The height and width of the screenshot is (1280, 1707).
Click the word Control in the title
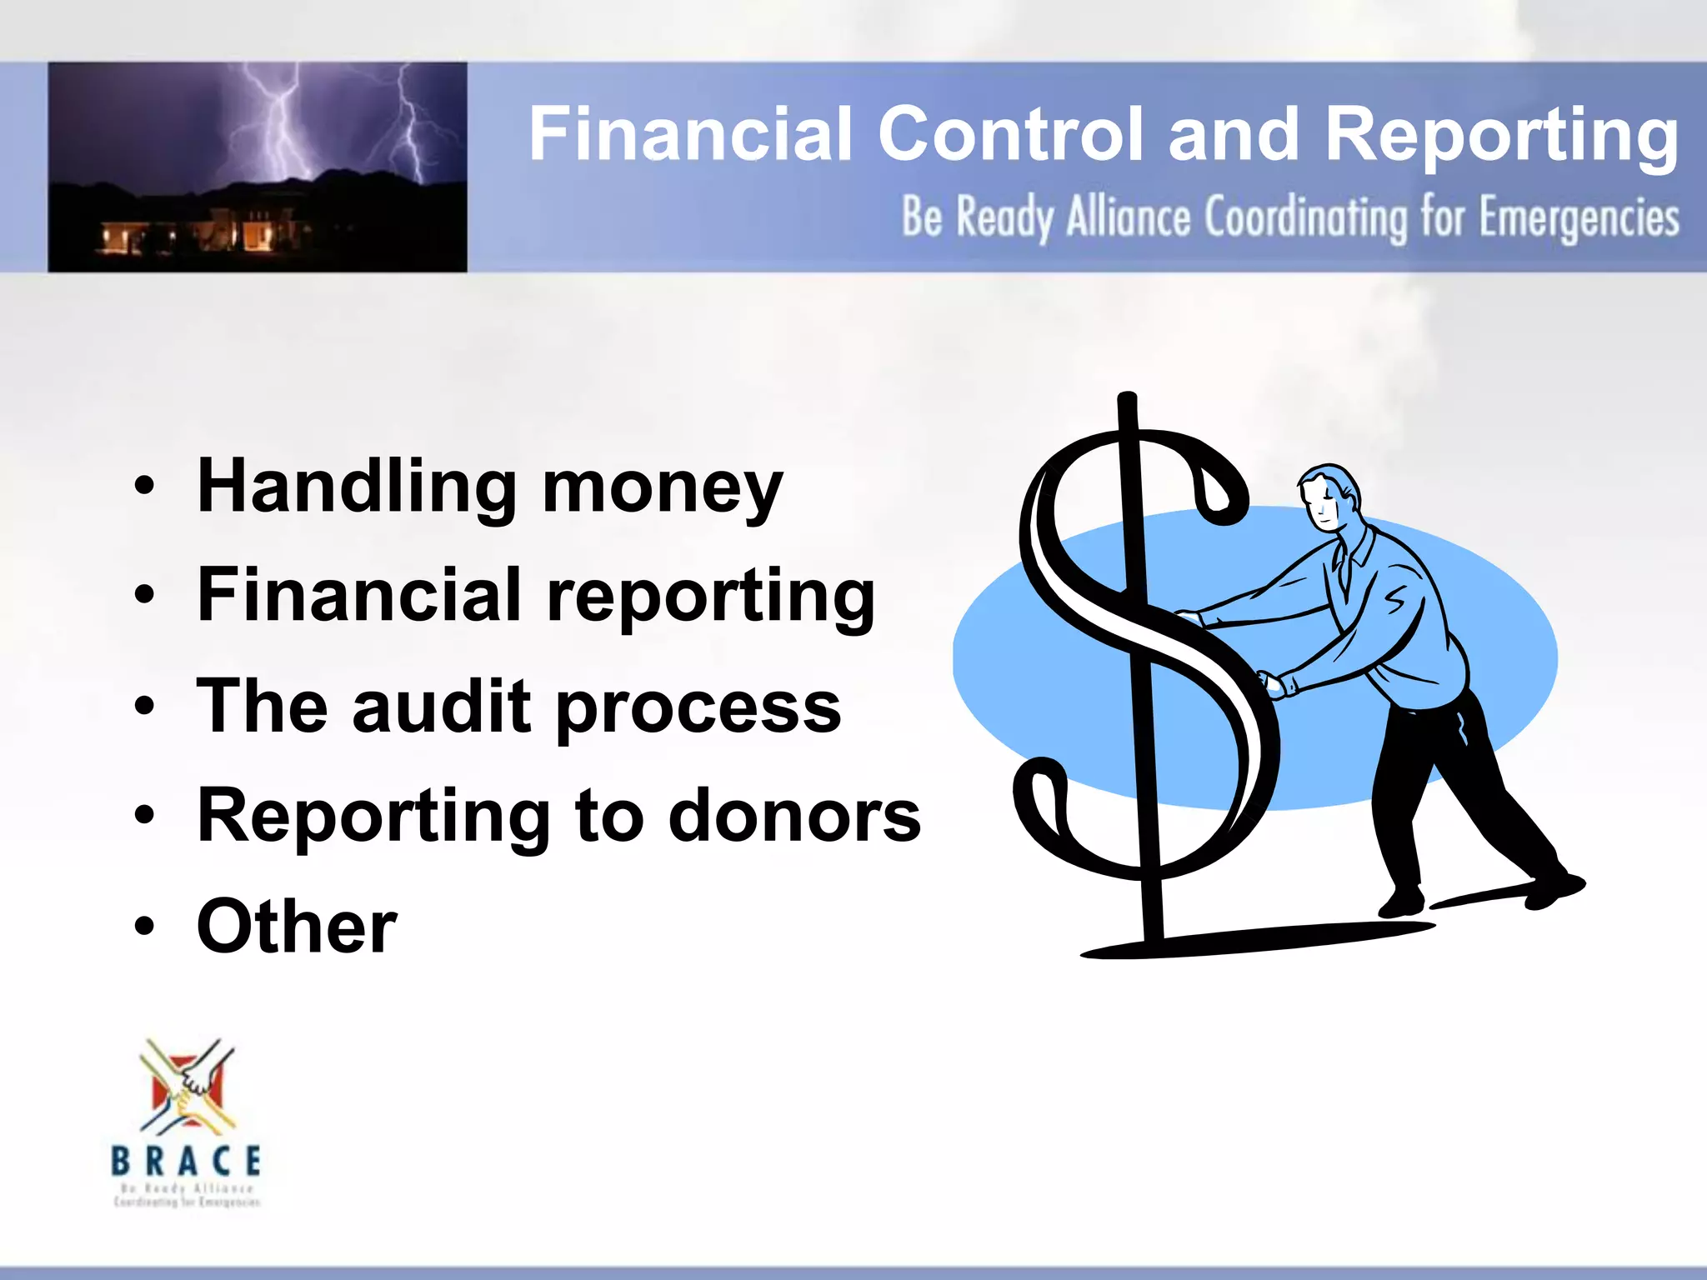pos(1011,134)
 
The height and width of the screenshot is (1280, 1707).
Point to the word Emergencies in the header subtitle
pos(1579,219)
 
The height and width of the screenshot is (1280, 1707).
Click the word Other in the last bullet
pos(297,926)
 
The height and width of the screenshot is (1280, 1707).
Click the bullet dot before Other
pos(145,926)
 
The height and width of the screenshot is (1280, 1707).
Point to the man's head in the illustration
pos(1329,496)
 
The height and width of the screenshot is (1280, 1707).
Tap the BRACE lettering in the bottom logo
pos(186,1161)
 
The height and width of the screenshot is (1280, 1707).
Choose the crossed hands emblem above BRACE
pos(188,1087)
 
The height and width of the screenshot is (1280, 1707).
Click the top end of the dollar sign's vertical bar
pos(1127,400)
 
